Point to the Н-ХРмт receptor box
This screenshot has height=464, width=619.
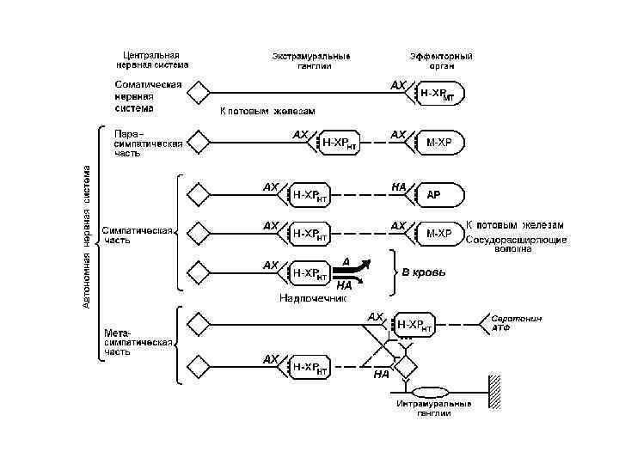[x=442, y=93]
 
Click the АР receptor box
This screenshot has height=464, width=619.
[x=441, y=194]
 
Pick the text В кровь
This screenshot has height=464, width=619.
[x=425, y=272]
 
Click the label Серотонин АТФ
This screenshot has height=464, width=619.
[x=517, y=322]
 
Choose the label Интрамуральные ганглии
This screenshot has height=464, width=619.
[x=434, y=407]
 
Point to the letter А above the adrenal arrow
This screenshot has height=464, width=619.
[x=345, y=259]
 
